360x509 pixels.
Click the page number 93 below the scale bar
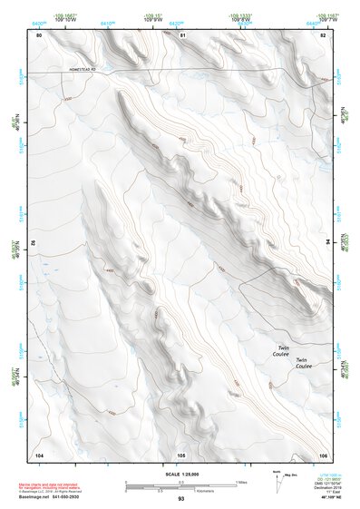181,499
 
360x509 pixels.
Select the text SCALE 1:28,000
180,475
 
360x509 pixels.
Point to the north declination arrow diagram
277,482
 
